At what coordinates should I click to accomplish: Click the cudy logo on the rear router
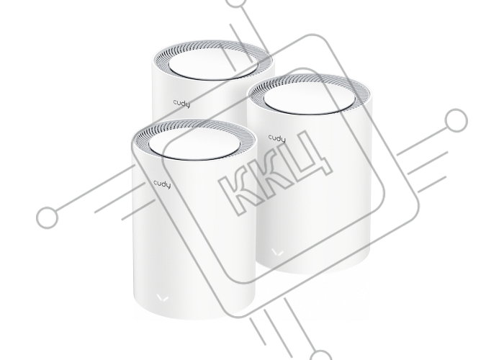click(x=181, y=104)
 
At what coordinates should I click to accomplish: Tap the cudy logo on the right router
click(x=276, y=138)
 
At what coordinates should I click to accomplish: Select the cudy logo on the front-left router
click(x=162, y=184)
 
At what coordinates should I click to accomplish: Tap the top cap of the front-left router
click(x=194, y=145)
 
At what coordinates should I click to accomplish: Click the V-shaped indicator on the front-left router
click(x=163, y=298)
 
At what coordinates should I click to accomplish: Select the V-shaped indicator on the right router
click(x=277, y=252)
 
